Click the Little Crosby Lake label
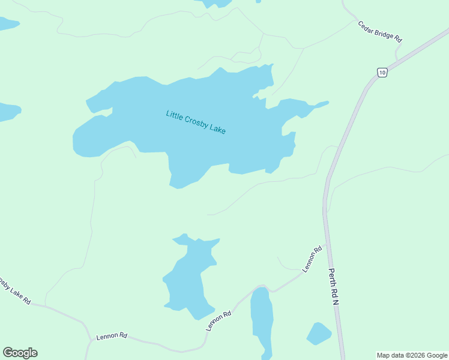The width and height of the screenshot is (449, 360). pyautogui.click(x=196, y=122)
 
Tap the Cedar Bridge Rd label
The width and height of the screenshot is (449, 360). pyautogui.click(x=379, y=31)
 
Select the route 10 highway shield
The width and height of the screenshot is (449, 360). pyautogui.click(x=382, y=73)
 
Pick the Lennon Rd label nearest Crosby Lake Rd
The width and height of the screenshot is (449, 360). pyautogui.click(x=112, y=336)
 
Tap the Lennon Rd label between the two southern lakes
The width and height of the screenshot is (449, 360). pyautogui.click(x=218, y=321)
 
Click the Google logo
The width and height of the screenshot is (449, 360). pyautogui.click(x=20, y=353)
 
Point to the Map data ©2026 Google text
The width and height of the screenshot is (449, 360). pyautogui.click(x=412, y=355)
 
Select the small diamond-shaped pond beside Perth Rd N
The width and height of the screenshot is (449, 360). pyautogui.click(x=319, y=334)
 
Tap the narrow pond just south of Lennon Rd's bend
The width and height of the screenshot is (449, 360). pyautogui.click(x=262, y=318)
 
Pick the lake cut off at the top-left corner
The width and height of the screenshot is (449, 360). pyautogui.click(x=7, y=23)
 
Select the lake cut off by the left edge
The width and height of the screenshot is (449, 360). pyautogui.click(x=8, y=111)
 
